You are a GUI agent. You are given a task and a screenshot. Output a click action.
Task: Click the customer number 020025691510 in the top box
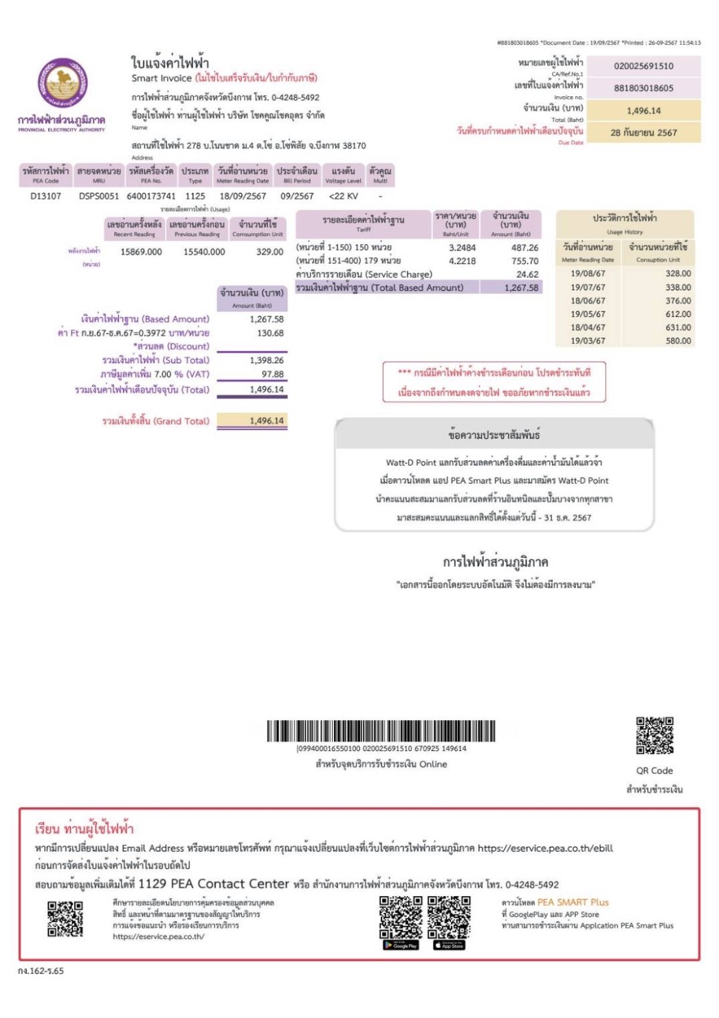pyautogui.click(x=643, y=66)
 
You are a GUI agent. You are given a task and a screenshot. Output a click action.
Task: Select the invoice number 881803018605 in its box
pyautogui.click(x=643, y=88)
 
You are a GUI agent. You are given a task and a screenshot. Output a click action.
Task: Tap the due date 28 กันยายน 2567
pyautogui.click(x=643, y=132)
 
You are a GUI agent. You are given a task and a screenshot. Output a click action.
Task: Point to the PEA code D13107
pyautogui.click(x=45, y=196)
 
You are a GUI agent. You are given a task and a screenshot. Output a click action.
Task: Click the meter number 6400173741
pyautogui.click(x=151, y=196)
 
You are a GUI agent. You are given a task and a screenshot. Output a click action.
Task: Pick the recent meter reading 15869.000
pyautogui.click(x=141, y=252)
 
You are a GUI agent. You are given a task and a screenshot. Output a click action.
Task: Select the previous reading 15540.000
pyautogui.click(x=204, y=252)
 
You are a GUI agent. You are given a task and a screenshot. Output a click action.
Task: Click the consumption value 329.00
pyautogui.click(x=269, y=252)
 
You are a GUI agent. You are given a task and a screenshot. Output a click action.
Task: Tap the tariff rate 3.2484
pyautogui.click(x=462, y=248)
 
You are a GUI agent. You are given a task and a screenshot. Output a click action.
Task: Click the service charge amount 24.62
pyautogui.click(x=527, y=274)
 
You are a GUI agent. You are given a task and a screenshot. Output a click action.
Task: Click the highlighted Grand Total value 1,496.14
pyautogui.click(x=267, y=420)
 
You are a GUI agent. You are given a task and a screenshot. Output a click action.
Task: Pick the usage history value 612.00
pyautogui.click(x=678, y=314)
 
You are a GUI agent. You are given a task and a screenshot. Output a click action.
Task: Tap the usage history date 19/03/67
pyautogui.click(x=588, y=340)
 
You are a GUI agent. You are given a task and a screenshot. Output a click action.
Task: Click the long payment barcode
pyautogui.click(x=381, y=731)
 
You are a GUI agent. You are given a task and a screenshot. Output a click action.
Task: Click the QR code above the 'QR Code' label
pyautogui.click(x=654, y=735)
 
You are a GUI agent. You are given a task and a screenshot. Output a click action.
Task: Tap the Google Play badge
pyautogui.click(x=401, y=945)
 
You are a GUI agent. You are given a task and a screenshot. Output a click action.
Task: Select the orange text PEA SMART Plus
pyautogui.click(x=573, y=902)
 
